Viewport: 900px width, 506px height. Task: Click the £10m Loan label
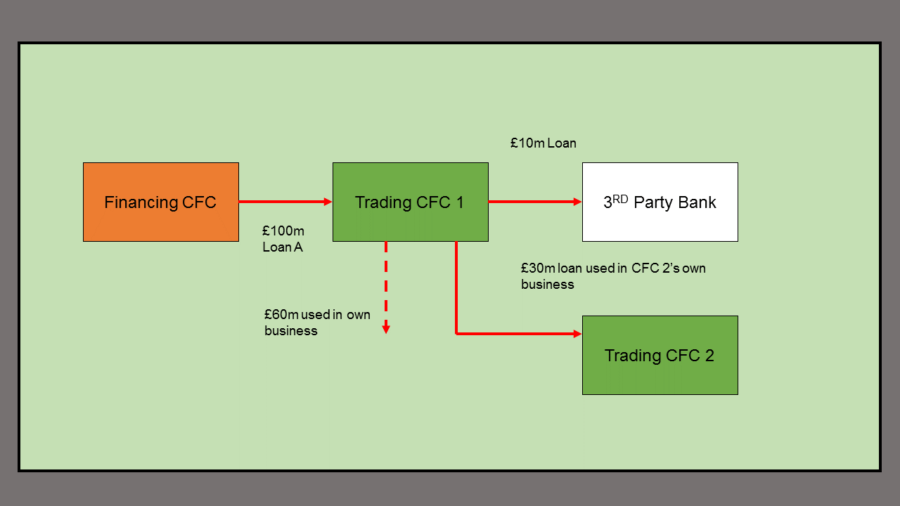543,143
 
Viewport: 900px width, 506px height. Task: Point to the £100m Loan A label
283,239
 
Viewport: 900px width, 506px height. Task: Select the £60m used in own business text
317,322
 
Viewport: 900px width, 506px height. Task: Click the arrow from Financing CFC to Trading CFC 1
285,202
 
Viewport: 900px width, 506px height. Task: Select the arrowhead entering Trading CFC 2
577,334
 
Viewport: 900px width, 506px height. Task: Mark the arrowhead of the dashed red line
386,328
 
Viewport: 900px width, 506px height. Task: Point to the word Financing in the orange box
141,202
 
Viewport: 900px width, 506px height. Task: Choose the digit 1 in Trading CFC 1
460,202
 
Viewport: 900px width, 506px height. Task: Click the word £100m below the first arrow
283,231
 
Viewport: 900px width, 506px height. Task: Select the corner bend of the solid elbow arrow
456,334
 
